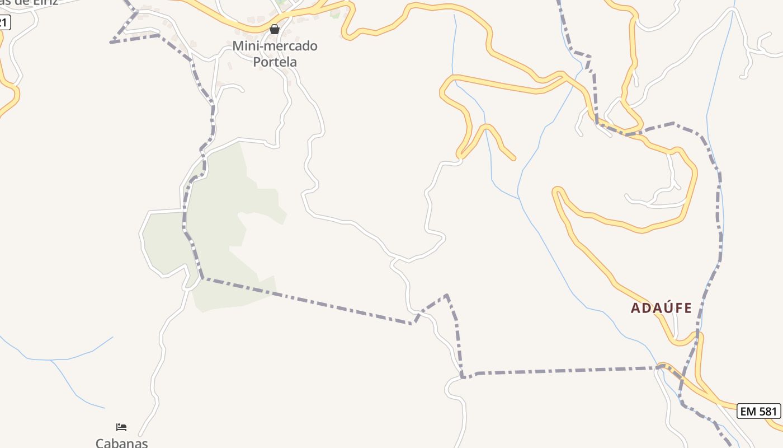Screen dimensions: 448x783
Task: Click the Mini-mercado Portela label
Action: point(275,54)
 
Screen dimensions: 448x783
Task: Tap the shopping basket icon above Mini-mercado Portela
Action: point(275,29)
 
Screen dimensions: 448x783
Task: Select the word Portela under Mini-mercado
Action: point(275,62)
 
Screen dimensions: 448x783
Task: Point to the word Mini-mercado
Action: point(275,46)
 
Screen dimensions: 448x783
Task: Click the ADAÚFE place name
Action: point(662,308)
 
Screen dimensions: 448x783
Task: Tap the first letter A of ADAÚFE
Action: point(635,308)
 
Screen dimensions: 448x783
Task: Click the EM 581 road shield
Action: point(758,411)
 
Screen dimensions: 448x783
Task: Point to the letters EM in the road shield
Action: point(748,411)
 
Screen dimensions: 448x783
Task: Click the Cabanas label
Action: point(121,442)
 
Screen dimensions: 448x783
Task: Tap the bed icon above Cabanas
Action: point(121,427)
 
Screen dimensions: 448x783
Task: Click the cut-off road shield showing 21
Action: point(4,23)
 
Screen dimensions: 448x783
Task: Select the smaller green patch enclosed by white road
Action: point(162,241)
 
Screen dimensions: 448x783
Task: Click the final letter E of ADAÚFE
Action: point(688,308)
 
